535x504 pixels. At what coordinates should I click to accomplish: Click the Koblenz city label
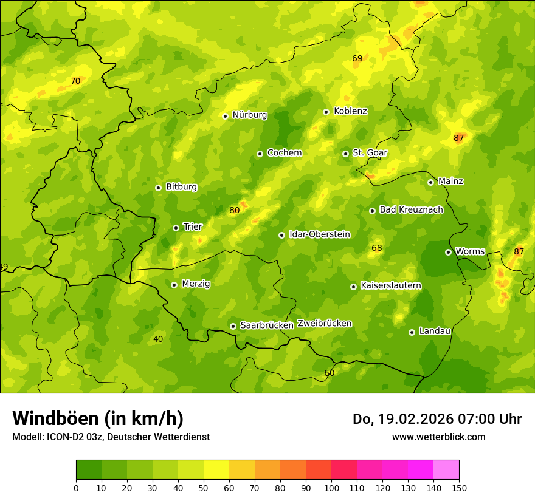(350, 111)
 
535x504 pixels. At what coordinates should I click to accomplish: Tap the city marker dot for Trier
(176, 228)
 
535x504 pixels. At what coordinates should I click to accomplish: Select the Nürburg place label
(249, 115)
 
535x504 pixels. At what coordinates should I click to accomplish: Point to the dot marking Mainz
(430, 182)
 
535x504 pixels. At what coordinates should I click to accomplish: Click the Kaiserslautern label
(391, 285)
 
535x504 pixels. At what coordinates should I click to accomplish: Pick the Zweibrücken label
(324, 324)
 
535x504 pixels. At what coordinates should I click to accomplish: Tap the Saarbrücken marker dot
(233, 326)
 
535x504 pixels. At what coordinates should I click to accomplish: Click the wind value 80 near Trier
(234, 211)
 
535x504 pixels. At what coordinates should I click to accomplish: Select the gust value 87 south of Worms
(519, 251)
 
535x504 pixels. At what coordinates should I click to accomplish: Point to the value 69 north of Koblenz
(357, 58)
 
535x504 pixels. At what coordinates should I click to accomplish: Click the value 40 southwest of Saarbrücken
(158, 339)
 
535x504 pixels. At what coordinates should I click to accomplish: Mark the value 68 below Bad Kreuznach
(377, 248)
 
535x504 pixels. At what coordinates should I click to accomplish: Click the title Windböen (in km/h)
(98, 418)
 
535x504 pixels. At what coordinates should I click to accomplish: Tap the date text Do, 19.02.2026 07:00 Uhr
(437, 419)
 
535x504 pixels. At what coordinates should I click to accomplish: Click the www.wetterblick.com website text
(438, 437)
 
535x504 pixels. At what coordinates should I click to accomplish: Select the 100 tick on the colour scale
(331, 488)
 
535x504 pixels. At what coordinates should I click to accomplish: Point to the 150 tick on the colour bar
(459, 488)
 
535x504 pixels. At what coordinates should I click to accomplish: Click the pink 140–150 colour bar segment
(446, 470)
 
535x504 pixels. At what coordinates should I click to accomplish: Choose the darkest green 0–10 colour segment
(89, 470)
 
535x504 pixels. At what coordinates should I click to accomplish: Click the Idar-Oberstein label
(319, 234)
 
